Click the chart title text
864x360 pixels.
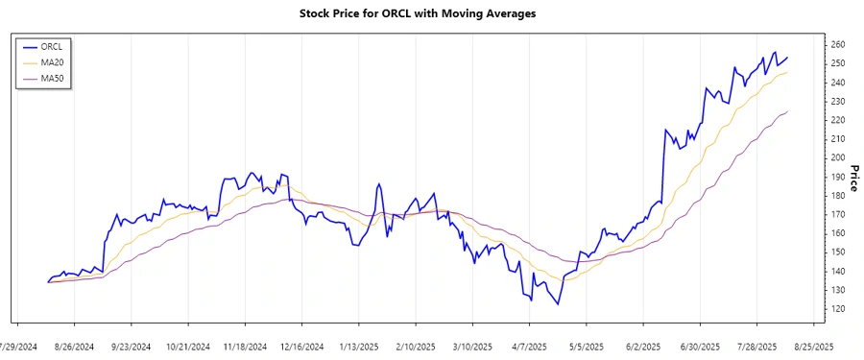coord(431,13)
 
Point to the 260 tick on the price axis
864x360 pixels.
coord(838,44)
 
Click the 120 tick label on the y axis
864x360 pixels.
coord(838,308)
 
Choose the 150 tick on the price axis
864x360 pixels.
coord(838,252)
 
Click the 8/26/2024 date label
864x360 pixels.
coord(73,346)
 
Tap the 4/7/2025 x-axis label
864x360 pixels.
coord(529,346)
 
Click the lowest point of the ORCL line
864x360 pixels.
coord(558,304)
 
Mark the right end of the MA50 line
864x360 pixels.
coord(787,111)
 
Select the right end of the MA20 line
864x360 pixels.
coord(787,72)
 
